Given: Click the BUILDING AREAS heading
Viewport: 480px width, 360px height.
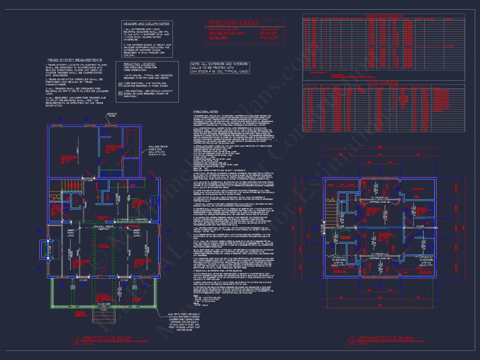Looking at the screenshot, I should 233,23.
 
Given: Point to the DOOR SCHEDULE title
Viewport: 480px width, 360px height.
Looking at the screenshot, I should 383,82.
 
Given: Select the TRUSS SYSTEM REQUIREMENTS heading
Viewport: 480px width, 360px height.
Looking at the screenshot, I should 74,60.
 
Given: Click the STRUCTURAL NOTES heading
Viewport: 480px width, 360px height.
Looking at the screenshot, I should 205,111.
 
